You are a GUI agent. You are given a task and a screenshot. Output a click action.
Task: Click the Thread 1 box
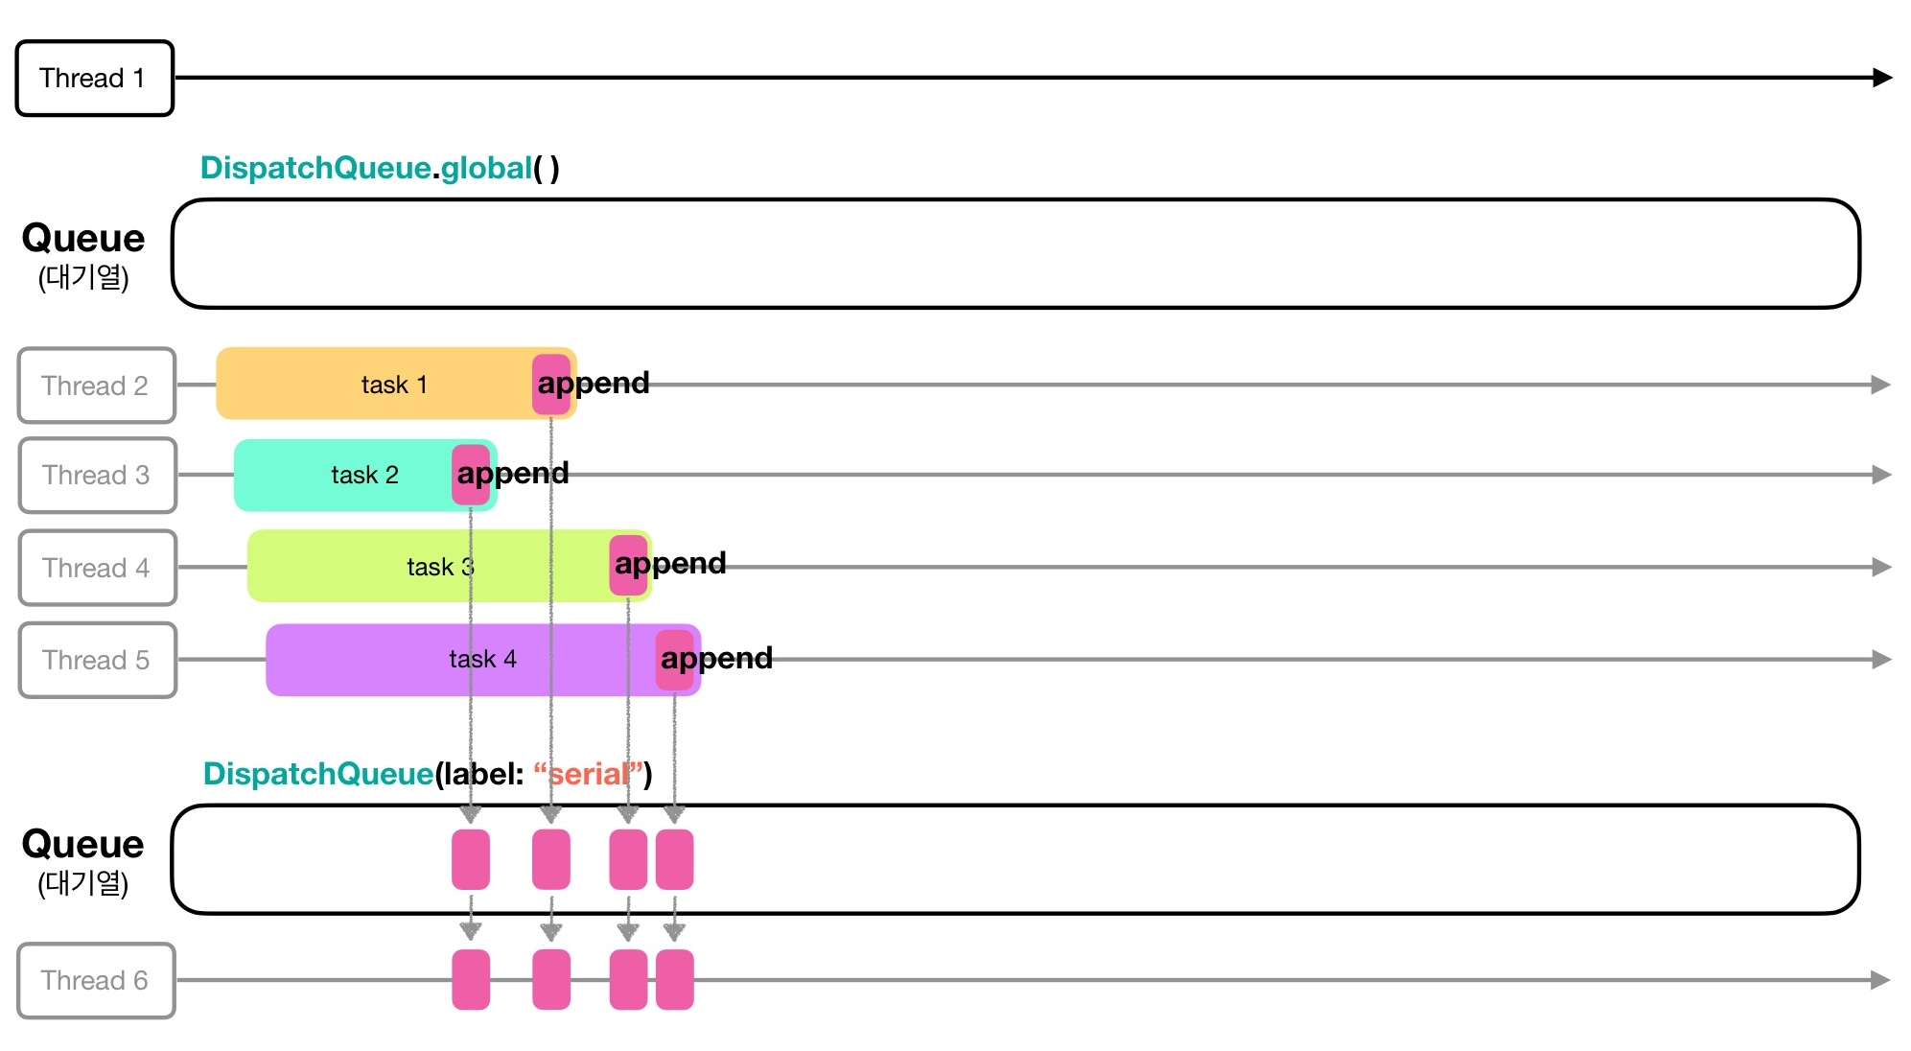point(94,78)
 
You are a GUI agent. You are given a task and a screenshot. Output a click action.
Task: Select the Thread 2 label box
point(96,385)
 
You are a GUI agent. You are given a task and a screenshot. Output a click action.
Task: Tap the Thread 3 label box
point(97,476)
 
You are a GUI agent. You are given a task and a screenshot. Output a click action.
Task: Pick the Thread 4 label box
point(97,568)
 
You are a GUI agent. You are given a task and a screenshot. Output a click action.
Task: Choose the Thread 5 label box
point(97,660)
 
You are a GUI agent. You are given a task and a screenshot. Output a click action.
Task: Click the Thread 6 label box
point(96,980)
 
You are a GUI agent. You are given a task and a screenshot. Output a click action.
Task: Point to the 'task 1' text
point(394,385)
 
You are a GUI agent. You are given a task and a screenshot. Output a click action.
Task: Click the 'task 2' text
point(364,475)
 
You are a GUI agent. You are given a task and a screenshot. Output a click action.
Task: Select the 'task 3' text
point(440,567)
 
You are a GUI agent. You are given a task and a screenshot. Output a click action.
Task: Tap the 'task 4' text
point(482,659)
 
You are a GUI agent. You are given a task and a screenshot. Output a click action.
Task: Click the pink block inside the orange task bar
point(551,384)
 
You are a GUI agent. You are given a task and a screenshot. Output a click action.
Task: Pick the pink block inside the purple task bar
point(674,660)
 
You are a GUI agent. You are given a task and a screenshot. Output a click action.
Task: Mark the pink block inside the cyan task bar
point(471,475)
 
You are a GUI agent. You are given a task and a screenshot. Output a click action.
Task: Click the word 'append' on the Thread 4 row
point(671,563)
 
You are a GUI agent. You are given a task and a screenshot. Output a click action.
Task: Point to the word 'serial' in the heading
point(588,773)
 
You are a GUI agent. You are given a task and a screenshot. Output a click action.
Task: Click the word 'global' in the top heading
point(486,168)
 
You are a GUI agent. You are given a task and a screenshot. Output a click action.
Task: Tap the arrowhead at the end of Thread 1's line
point(1881,78)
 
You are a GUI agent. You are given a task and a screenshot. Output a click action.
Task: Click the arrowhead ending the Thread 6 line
point(1879,980)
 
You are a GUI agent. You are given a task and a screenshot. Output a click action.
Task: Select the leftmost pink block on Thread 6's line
point(471,980)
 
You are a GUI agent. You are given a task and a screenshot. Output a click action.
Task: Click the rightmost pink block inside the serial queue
point(674,859)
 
